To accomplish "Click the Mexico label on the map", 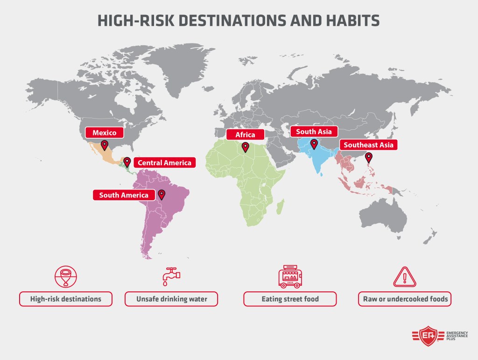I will (x=104, y=133).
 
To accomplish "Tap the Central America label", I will (x=164, y=163).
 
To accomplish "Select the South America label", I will (x=124, y=195).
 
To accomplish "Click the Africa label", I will (x=245, y=135).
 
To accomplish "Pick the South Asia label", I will (x=314, y=132).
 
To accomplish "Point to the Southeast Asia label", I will (x=369, y=145).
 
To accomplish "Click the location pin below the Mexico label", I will (x=105, y=145).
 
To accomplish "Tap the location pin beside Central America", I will (x=127, y=162).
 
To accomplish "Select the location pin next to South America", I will (x=162, y=194).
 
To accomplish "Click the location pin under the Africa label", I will (x=245, y=147).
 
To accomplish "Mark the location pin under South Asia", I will (x=314, y=144).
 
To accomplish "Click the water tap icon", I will (x=171, y=276).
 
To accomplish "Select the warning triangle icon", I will (x=404, y=277).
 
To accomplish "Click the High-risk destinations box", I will (x=65, y=299).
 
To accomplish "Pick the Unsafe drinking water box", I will (x=171, y=299).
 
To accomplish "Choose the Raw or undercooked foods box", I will (x=404, y=299).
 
